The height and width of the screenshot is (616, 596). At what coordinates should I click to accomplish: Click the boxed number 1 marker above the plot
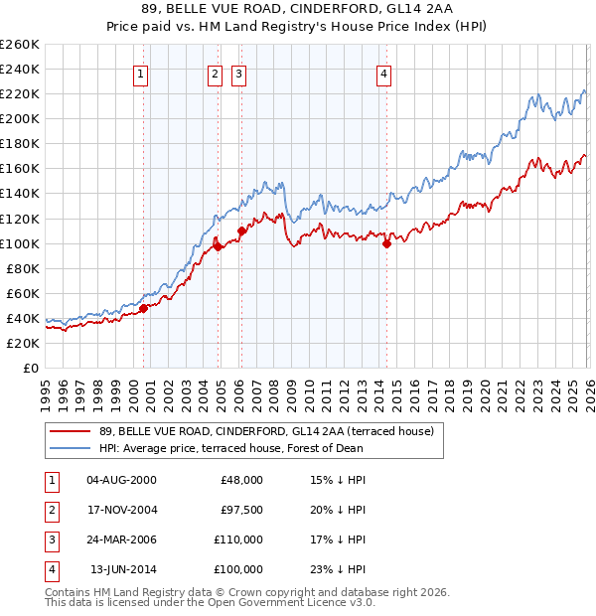(x=141, y=73)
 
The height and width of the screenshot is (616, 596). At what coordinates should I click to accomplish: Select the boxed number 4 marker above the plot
(x=383, y=73)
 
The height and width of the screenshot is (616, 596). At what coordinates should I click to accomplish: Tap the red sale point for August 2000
(x=143, y=308)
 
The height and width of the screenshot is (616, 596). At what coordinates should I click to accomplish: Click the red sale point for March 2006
(x=241, y=231)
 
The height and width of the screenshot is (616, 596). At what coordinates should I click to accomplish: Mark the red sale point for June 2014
(x=386, y=243)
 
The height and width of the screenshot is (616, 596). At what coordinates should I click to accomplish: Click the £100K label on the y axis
(x=20, y=243)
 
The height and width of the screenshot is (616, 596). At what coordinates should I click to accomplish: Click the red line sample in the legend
(x=70, y=431)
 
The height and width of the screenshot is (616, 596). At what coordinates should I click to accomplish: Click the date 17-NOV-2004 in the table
(x=121, y=510)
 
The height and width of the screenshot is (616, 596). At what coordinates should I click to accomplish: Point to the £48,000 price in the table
(x=240, y=480)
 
